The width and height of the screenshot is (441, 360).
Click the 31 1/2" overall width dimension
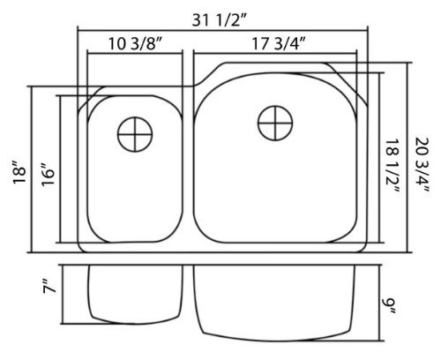pyautogui.click(x=218, y=20)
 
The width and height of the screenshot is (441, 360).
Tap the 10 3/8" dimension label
pyautogui.click(x=135, y=44)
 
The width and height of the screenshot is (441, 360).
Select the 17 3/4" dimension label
pyautogui.click(x=279, y=44)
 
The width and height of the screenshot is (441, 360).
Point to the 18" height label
pyautogui.click(x=19, y=172)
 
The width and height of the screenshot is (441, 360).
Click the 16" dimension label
pyautogui.click(x=49, y=174)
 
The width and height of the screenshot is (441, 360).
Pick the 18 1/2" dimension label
pyautogui.click(x=392, y=166)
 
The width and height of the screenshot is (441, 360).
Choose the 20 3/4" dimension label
pyautogui.click(x=422, y=165)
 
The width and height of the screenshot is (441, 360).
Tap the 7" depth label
pyautogui.click(x=49, y=286)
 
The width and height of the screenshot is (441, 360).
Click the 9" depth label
pyautogui.click(x=391, y=306)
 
